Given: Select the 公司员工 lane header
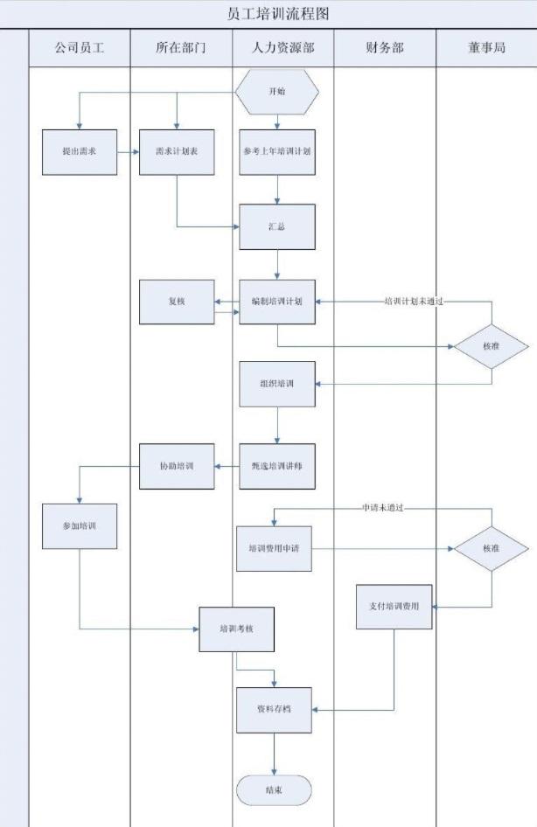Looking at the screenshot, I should [79, 48].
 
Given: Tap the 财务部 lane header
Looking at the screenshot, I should [385, 48].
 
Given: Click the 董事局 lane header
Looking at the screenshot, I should [486, 48].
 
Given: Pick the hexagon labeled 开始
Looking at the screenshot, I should [277, 91].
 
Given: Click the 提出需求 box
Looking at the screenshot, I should [79, 151].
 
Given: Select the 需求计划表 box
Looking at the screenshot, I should [177, 151].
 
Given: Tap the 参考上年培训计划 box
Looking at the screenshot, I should [277, 151].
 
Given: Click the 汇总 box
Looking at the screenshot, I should [277, 226].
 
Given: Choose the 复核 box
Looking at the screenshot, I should [177, 302].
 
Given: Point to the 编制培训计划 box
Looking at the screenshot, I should [277, 302].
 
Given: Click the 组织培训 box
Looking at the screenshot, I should [277, 384].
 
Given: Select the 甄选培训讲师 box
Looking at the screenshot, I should [277, 466].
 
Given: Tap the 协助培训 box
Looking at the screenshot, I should [177, 466].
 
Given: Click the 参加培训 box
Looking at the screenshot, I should [79, 526].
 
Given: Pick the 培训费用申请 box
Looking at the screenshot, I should [274, 548].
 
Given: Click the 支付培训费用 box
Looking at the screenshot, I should [394, 607].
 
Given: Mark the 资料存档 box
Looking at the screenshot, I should [274, 709].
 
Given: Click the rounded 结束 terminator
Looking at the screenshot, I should [274, 789].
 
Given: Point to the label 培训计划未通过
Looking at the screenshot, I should [415, 301].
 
